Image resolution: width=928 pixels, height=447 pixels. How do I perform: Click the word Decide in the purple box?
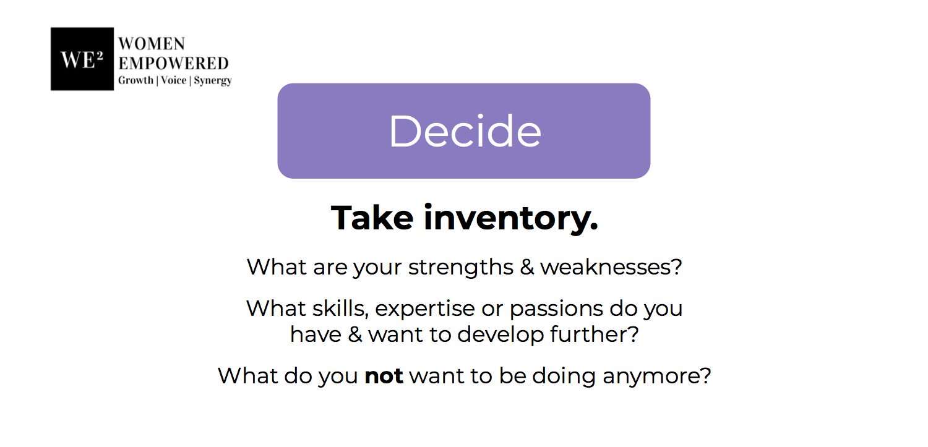coord(465,131)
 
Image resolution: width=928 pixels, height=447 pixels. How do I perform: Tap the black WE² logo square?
coord(82,59)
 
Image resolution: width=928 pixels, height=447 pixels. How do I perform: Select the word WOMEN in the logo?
coord(152,44)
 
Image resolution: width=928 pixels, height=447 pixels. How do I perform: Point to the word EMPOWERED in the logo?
coord(173,63)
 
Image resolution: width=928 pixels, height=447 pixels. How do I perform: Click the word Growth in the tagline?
coord(135,80)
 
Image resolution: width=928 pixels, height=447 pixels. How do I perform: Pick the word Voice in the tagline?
coord(173,80)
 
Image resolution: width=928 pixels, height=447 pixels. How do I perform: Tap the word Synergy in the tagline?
coord(213,81)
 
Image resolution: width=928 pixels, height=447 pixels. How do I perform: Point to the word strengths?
coord(461,267)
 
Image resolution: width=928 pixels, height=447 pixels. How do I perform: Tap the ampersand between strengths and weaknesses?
coord(527,267)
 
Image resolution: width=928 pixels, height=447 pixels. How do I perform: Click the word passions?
coord(556,310)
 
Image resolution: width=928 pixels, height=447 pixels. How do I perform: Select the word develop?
coord(501,335)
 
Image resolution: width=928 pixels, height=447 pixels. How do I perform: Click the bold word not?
coord(384,377)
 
